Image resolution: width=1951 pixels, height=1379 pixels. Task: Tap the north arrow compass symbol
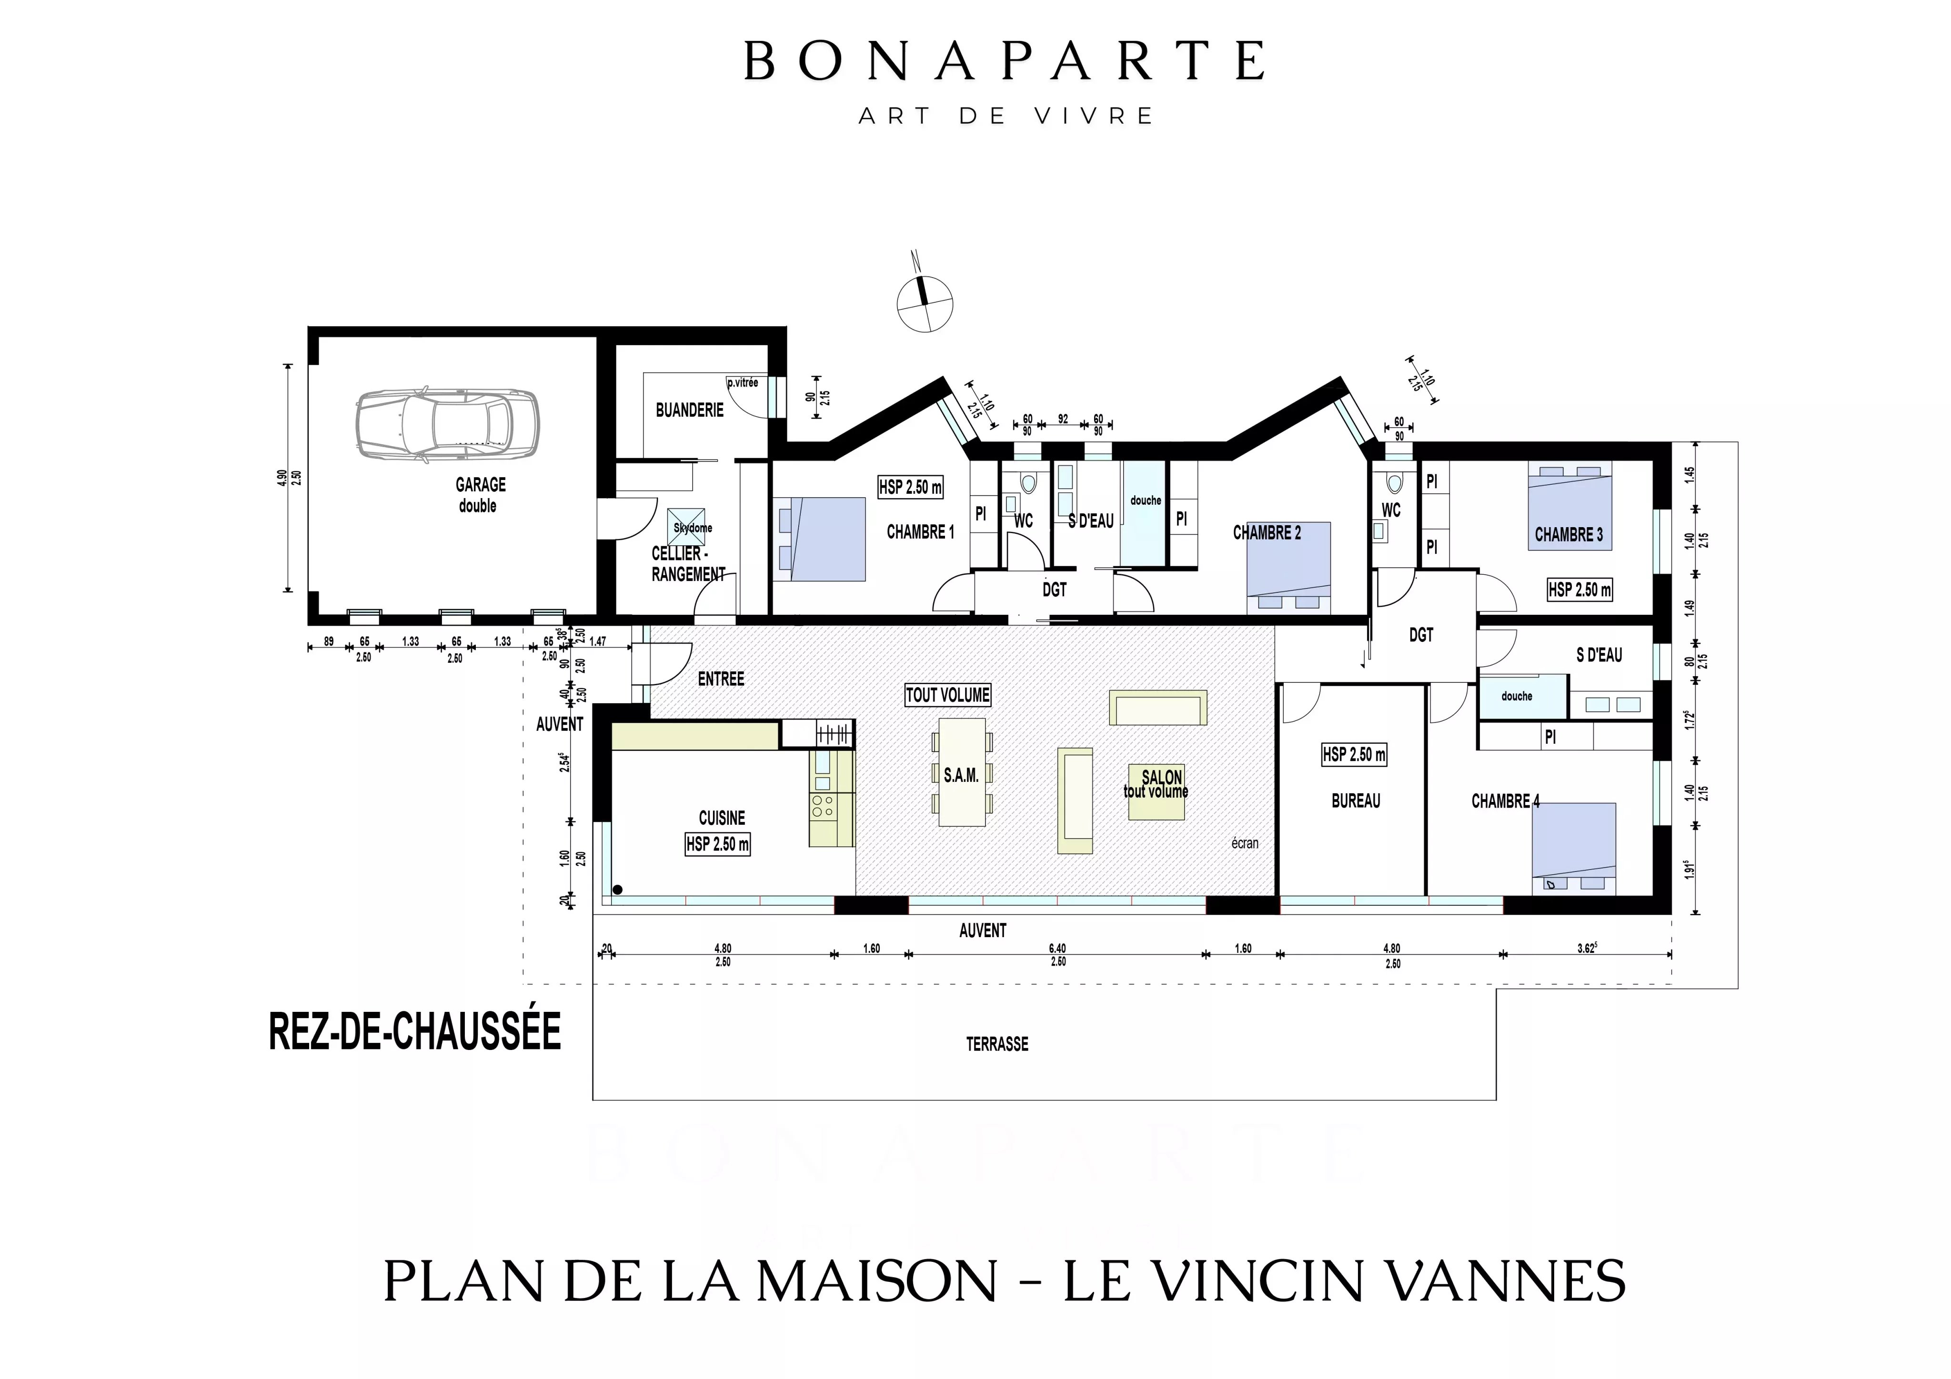(925, 303)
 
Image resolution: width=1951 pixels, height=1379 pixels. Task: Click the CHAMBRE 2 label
(1266, 533)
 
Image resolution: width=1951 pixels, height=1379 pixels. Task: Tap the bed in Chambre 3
(1569, 507)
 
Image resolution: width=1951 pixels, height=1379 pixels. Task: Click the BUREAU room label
(1355, 800)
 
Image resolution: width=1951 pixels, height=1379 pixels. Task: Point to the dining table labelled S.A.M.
(962, 772)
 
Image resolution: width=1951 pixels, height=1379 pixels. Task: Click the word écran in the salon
(1245, 843)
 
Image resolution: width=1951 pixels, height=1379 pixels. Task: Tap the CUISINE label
(722, 818)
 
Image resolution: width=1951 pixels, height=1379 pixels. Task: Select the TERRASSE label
(997, 1044)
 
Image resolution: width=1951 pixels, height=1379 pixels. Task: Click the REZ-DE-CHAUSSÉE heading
(415, 1031)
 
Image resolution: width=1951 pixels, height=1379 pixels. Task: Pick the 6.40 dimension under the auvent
(1057, 948)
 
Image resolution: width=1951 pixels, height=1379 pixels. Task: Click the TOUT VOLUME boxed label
(947, 695)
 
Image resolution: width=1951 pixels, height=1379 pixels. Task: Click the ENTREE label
(721, 679)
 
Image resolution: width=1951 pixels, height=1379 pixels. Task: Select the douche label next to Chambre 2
(1145, 500)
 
